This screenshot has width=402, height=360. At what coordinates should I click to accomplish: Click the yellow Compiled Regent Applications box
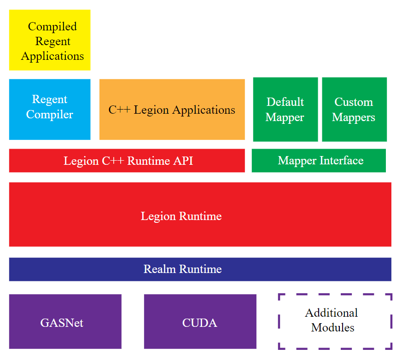[50, 40]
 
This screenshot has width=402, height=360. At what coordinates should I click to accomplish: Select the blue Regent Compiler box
[50, 110]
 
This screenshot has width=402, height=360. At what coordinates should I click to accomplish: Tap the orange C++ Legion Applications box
[172, 110]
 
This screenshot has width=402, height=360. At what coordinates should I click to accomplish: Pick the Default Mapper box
[285, 110]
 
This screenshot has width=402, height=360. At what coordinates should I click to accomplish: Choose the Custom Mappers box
[354, 110]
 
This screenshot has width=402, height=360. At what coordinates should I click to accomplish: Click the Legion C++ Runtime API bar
[127, 160]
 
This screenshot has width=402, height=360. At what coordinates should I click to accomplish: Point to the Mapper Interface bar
[319, 160]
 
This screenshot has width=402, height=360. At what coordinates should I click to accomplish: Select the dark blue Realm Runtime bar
[200, 269]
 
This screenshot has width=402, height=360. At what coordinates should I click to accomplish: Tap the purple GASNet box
[65, 321]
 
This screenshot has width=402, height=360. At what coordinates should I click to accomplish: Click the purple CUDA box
[200, 321]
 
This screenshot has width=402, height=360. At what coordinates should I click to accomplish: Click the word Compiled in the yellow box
[52, 27]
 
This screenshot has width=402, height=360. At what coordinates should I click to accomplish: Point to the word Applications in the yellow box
[52, 56]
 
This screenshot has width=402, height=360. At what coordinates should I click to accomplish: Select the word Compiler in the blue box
[50, 115]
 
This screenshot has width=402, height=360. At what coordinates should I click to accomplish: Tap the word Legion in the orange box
[151, 110]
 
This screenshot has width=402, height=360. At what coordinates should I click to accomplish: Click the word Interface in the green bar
[342, 160]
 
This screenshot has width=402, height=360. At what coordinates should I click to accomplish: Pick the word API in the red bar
[183, 161]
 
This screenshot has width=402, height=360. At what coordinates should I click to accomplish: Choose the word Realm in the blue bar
[160, 269]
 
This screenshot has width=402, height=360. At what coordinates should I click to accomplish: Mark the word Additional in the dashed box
[331, 313]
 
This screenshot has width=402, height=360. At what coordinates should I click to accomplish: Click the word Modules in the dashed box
[332, 327]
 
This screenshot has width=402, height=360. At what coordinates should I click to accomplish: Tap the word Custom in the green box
[354, 102]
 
